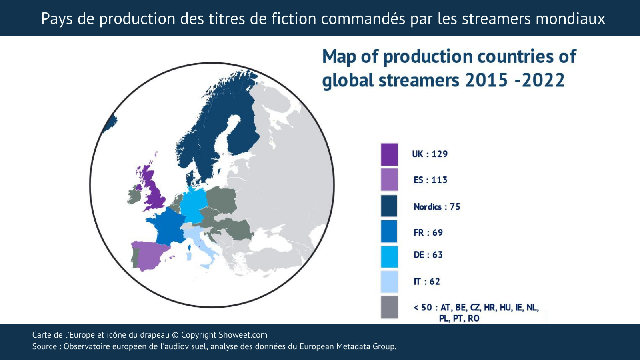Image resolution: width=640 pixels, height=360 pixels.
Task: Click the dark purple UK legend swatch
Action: point(389,154)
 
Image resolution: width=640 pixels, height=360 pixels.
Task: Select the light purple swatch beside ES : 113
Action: point(389,180)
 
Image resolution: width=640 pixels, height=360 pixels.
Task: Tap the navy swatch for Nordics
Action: point(389,206)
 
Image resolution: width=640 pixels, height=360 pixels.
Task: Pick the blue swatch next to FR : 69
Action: point(389,232)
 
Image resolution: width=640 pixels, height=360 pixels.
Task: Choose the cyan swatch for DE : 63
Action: point(389,257)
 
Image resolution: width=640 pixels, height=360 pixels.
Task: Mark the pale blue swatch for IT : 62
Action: point(389,282)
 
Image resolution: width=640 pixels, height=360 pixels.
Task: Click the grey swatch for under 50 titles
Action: point(389,307)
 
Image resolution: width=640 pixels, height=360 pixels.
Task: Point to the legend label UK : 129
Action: point(430,154)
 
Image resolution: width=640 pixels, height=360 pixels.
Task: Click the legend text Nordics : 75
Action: point(437,207)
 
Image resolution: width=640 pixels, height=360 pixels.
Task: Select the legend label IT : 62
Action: point(427,282)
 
